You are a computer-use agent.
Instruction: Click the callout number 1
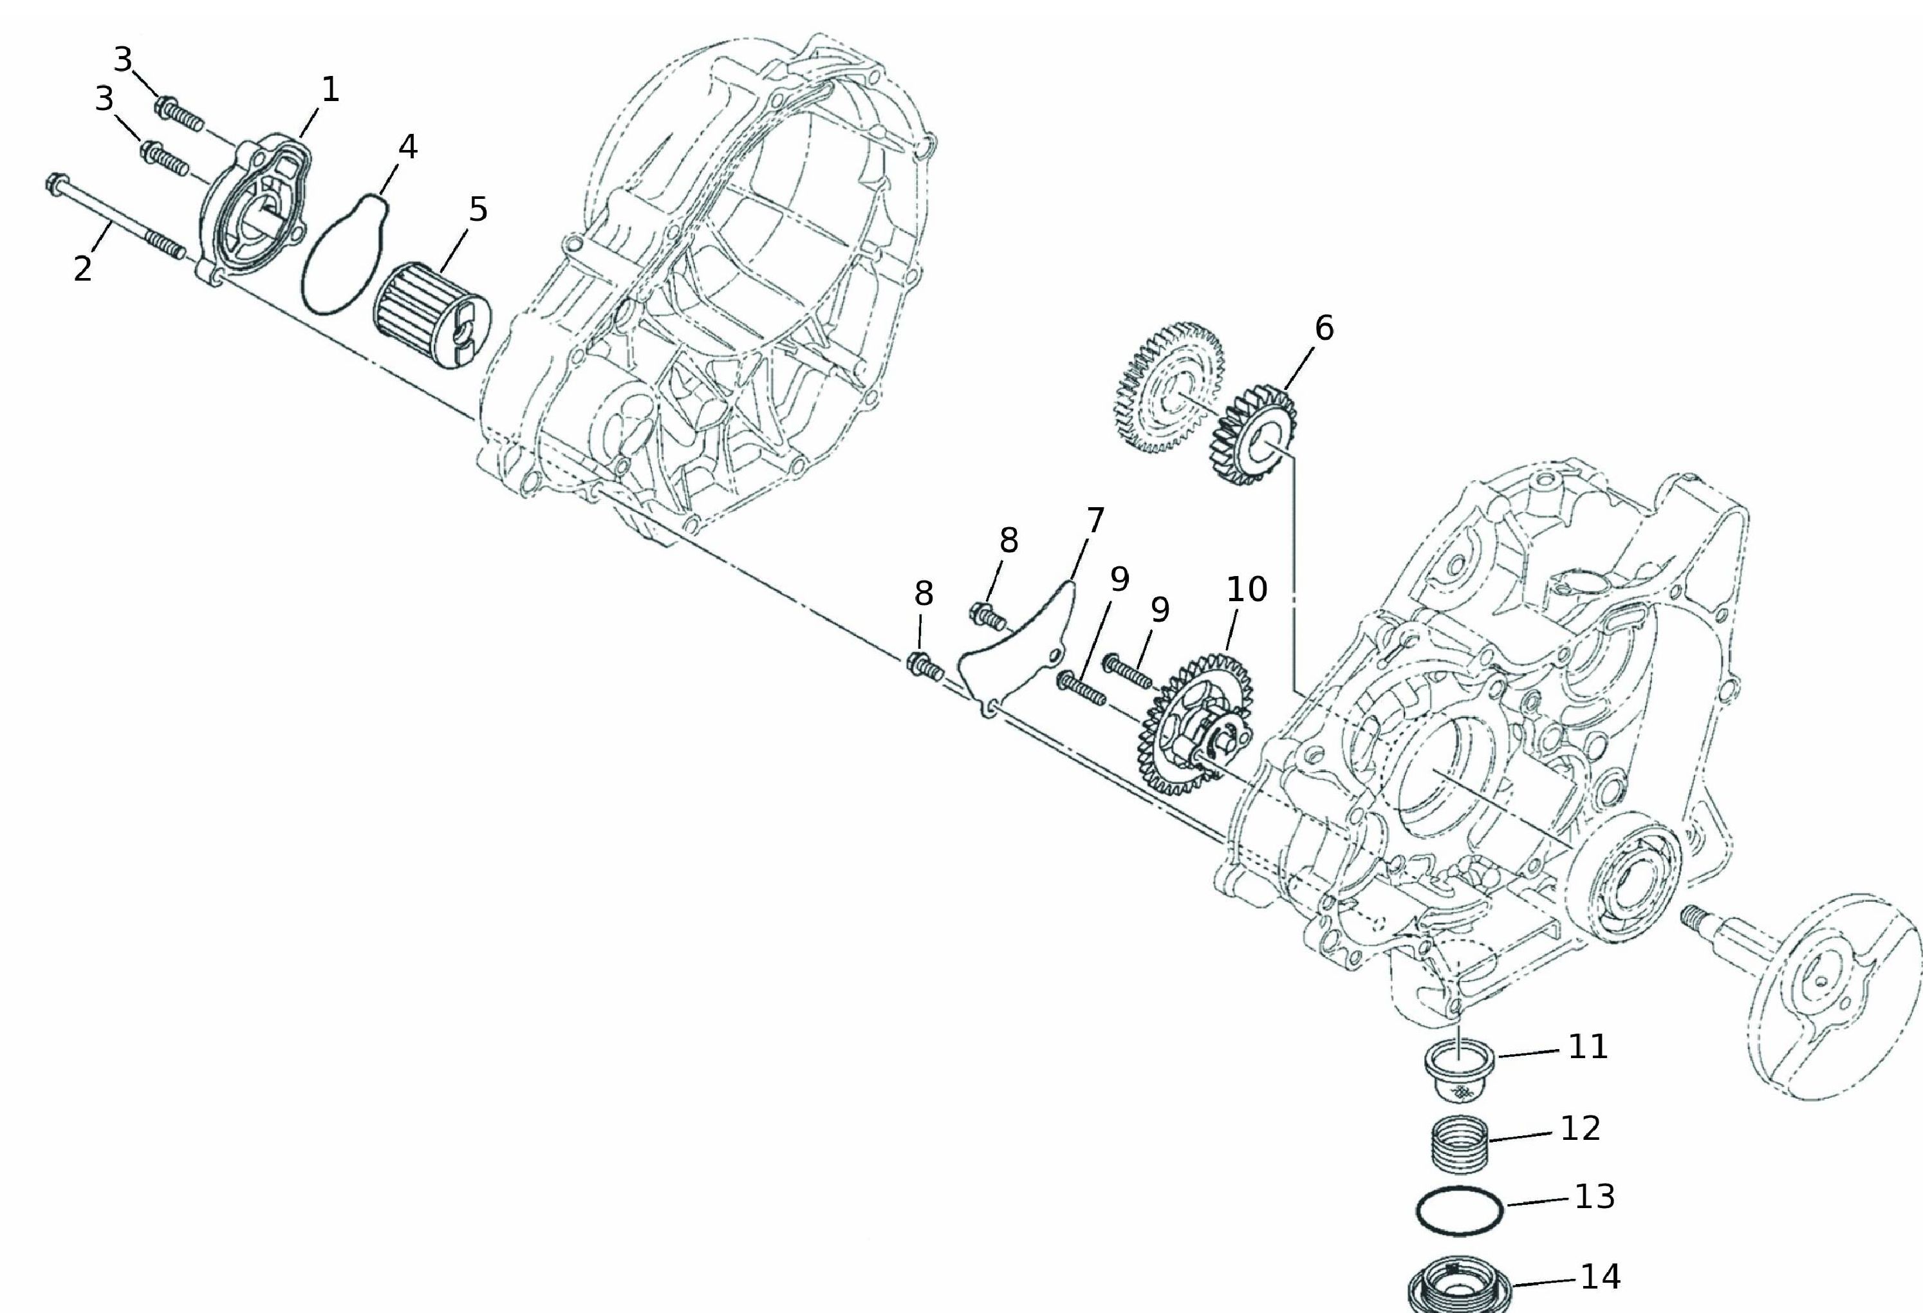330,89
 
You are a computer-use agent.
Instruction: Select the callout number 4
408,147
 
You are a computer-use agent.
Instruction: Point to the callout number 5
478,209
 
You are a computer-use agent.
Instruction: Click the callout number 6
1324,328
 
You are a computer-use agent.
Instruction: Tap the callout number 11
1588,1047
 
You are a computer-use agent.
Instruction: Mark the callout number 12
1581,1128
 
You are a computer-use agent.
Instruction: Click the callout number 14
1601,1276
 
